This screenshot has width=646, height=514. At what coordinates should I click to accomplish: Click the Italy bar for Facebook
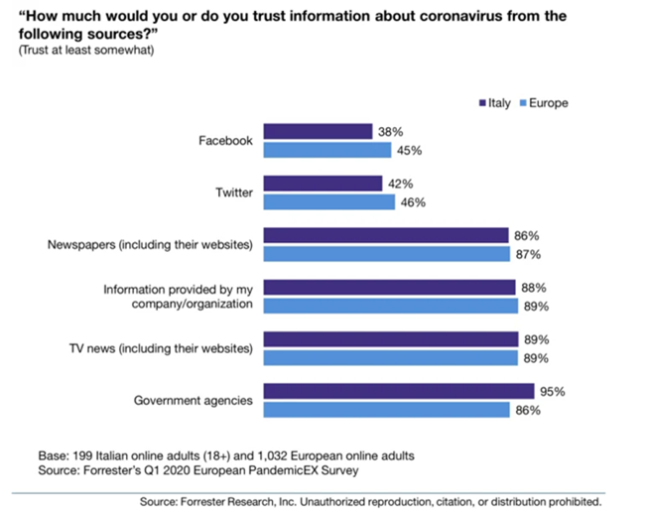[319, 131]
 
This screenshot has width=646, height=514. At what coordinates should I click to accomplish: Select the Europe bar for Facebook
[327, 150]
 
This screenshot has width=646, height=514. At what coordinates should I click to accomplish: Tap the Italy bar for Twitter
[323, 184]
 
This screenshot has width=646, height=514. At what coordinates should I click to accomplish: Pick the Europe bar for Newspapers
[387, 254]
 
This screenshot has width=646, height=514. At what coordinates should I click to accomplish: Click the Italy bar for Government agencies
[399, 391]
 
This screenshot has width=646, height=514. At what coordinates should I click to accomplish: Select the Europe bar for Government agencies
[386, 410]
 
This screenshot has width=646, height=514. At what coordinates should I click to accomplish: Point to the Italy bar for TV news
[391, 339]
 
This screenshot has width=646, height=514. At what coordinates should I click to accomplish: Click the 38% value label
[391, 132]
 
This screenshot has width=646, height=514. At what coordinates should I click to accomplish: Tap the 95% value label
[553, 391]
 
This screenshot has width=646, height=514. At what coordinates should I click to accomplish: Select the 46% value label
[413, 202]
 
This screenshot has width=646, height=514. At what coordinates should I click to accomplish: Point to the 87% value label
[528, 254]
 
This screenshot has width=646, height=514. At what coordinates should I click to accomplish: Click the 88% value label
[534, 288]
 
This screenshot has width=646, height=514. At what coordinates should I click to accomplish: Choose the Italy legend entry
[495, 103]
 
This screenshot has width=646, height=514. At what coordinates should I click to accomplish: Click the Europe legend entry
[544, 103]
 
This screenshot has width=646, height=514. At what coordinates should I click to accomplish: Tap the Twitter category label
[234, 193]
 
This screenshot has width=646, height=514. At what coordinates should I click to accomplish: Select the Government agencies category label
[194, 400]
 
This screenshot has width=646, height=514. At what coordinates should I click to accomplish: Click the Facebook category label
[225, 141]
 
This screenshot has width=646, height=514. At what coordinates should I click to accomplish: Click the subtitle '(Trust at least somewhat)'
[86, 50]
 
